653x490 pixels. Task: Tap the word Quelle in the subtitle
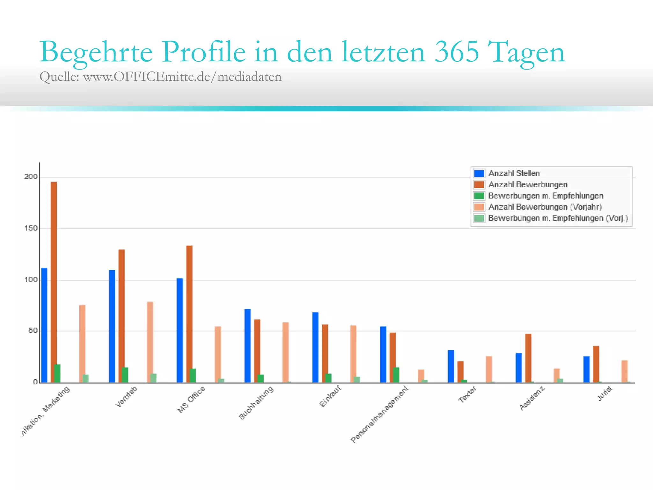point(59,77)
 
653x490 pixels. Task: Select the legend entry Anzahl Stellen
point(514,173)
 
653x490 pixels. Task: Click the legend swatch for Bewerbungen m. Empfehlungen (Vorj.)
point(479,218)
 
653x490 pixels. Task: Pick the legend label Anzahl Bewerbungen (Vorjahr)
point(545,207)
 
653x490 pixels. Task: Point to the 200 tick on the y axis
point(31,177)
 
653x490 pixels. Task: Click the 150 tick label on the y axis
point(31,228)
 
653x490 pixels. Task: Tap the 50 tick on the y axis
point(33,331)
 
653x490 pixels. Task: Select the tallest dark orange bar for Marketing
point(54,282)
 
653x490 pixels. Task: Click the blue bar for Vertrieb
point(112,326)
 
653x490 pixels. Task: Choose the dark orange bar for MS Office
point(189,314)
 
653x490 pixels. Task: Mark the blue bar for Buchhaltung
point(248,345)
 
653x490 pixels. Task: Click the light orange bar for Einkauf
point(353,354)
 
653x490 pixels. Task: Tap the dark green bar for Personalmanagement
point(396,375)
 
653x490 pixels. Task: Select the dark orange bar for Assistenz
point(528,358)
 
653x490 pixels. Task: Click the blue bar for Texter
point(451,366)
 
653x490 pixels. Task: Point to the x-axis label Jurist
point(605,394)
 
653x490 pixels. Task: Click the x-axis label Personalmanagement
point(379,414)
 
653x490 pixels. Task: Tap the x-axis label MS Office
point(191,399)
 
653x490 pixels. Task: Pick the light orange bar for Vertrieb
point(150,342)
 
